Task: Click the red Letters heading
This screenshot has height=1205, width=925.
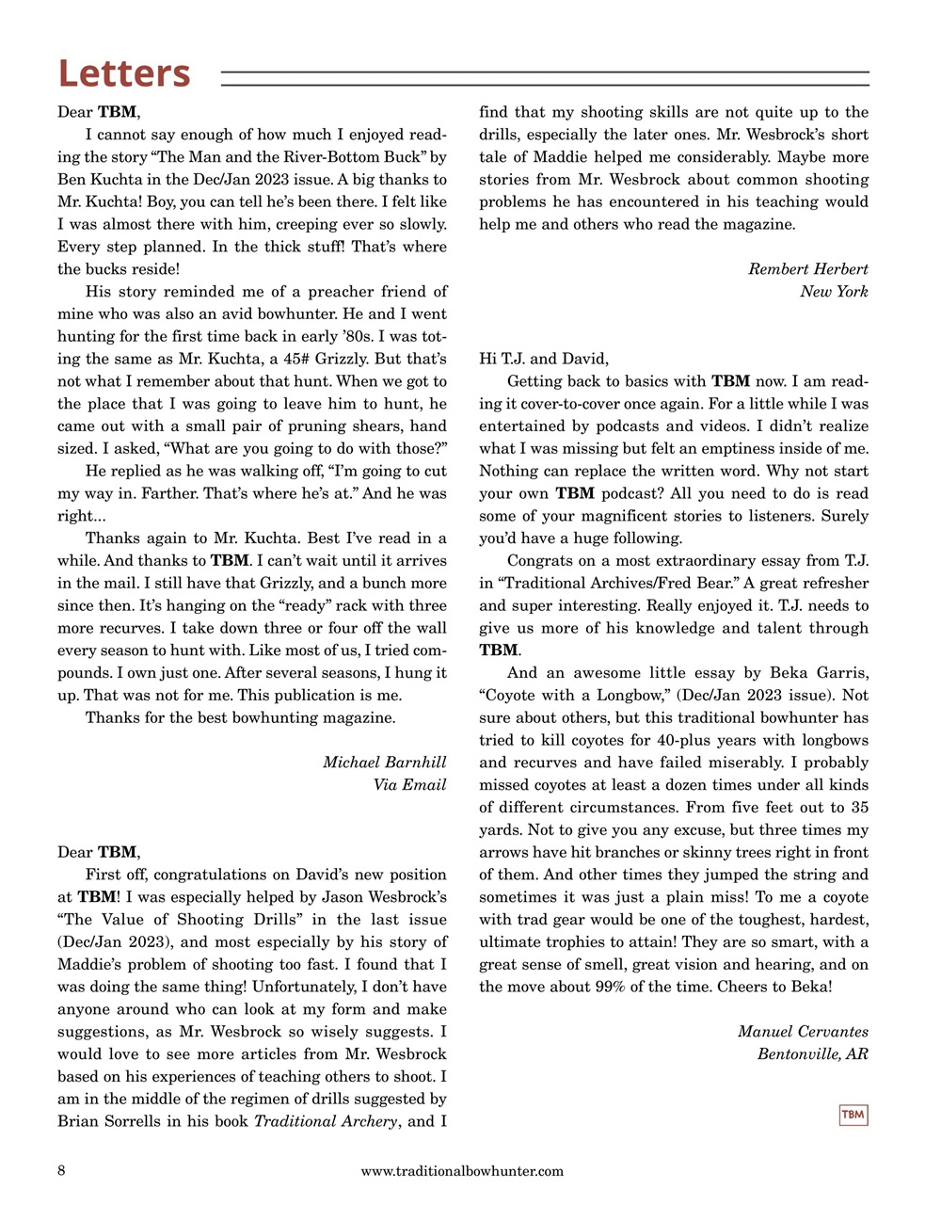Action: coord(124,73)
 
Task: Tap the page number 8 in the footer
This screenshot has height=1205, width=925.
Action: coord(61,1170)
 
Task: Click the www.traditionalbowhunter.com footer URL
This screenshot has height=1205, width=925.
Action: coord(462,1171)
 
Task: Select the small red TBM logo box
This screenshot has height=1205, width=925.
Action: coord(853,1115)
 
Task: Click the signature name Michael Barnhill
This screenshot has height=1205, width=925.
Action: coord(384,762)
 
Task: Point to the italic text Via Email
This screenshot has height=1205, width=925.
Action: coord(409,784)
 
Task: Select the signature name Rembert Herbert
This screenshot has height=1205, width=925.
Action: coord(807,269)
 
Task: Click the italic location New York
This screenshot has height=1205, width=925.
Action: coord(834,292)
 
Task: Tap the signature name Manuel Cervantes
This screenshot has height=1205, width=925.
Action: coord(803,1032)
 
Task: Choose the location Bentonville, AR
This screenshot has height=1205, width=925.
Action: coord(812,1054)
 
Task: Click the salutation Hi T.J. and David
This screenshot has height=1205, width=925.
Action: coord(544,359)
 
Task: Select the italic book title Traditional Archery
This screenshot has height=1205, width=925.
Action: coord(326,1121)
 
